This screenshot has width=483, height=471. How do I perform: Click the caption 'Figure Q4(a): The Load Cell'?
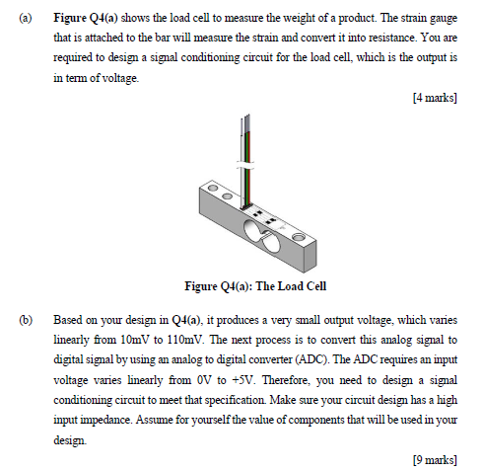(x=255, y=287)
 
